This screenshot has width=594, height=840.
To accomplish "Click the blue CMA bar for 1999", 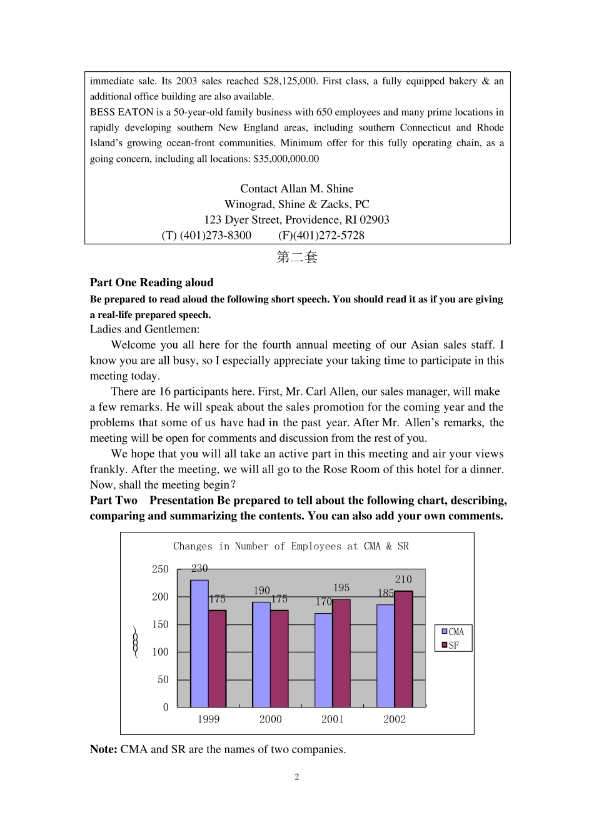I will coord(199,644).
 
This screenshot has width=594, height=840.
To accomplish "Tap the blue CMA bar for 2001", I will coord(323,660).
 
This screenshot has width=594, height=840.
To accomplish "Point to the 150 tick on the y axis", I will coord(160,624).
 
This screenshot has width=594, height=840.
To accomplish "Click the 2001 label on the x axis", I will coord(332,719).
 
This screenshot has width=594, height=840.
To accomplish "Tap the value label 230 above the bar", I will coord(199,568).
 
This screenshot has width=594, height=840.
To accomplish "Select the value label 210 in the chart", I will coord(403,579).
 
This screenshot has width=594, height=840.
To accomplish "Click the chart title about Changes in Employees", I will coord(291,546).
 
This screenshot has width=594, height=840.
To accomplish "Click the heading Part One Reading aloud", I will coord(151,282).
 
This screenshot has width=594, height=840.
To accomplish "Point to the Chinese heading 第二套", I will coord(297,257).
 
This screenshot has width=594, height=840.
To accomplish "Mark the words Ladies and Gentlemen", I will coord(144,329).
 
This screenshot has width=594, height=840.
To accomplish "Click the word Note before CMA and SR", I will coord(103,749).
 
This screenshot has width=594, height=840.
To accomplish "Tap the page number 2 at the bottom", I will coord(297,777).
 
